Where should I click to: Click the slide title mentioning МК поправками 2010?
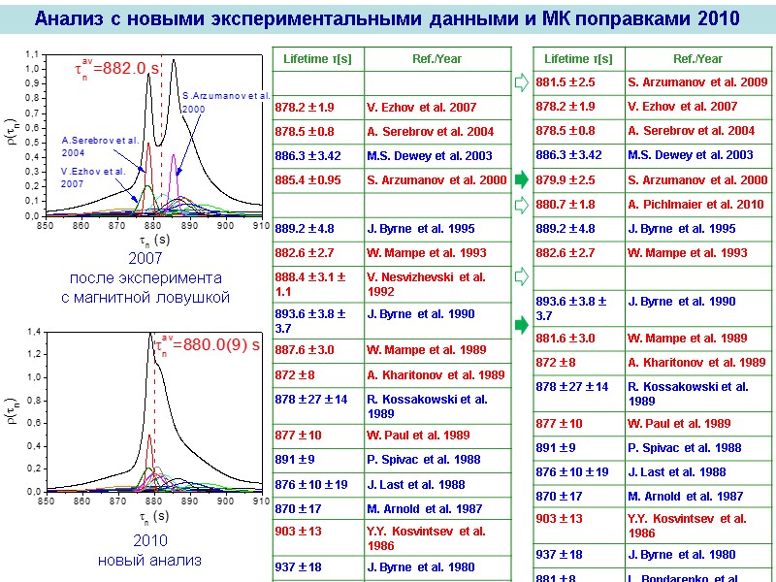tap(387, 18)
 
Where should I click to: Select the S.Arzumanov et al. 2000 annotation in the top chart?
tap(225, 102)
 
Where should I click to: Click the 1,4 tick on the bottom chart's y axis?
tap(32, 332)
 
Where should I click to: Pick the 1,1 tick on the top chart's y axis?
tap(32, 53)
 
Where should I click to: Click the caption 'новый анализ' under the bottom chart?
tap(150, 560)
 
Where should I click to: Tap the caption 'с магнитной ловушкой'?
tap(145, 297)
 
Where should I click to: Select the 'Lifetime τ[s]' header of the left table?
tap(317, 59)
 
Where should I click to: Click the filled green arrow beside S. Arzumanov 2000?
tap(520, 179)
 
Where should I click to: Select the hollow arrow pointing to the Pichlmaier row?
tap(520, 204)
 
